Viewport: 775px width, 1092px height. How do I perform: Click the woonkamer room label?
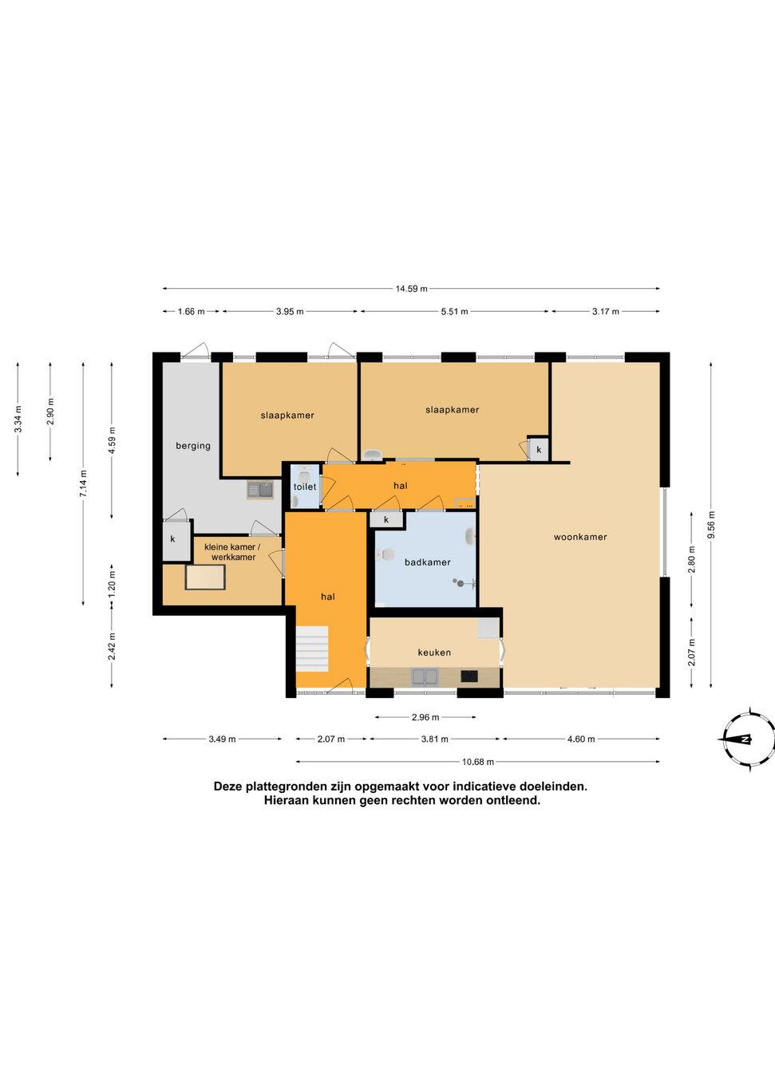coord(580,537)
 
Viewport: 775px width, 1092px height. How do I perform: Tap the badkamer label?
coord(427,562)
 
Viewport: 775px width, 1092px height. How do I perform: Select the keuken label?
coord(434,652)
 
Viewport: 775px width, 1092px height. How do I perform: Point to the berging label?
coord(193,446)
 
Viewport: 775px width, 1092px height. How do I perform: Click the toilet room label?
coord(305,487)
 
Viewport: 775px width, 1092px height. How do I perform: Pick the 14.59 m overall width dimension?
coord(411,289)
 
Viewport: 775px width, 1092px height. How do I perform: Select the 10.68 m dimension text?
coord(478,762)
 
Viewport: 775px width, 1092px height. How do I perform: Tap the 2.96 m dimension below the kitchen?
coord(425,717)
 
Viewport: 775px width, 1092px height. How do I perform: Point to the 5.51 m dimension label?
coord(455,312)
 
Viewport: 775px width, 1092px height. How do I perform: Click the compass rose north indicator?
coord(745,739)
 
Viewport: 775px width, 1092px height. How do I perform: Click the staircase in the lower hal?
coord(311,649)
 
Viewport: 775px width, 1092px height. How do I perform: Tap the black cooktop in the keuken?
coord(469,676)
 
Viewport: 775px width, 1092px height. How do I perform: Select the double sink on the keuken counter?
coord(425,676)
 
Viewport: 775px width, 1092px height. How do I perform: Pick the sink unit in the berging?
coord(260,490)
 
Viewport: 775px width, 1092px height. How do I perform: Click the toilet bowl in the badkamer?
coord(385,554)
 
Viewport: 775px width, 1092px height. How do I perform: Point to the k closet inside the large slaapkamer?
coord(539,448)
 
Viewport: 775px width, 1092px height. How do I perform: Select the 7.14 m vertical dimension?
coord(83,483)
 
